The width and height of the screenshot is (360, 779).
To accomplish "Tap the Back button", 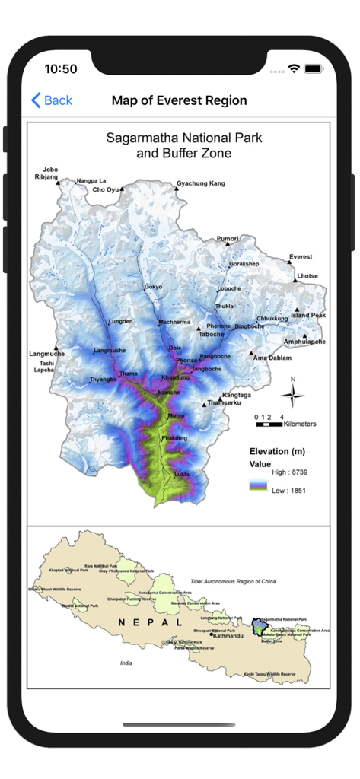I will pyautogui.click(x=51, y=100).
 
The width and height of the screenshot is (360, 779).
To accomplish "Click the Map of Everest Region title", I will pyautogui.click(x=179, y=100).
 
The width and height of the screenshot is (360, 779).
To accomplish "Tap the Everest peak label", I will pyautogui.click(x=300, y=257).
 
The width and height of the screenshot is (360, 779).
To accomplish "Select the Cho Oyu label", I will pyautogui.click(x=107, y=189).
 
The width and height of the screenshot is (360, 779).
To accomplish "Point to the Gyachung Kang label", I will pyautogui.click(x=201, y=183).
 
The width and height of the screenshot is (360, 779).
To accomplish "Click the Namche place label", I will pyautogui.click(x=168, y=393).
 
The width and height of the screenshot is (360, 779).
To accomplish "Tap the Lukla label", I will pyautogui.click(x=182, y=474).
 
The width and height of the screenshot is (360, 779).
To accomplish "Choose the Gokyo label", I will pyautogui.click(x=154, y=287).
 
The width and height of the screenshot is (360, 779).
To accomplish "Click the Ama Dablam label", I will pyautogui.click(x=272, y=358).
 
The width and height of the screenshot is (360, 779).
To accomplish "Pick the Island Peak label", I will pyautogui.click(x=308, y=315).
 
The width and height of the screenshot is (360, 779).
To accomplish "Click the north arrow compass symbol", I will pyautogui.click(x=292, y=393).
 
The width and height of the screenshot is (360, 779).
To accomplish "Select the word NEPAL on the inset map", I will pyautogui.click(x=150, y=622).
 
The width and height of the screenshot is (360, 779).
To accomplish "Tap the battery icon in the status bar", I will pyautogui.click(x=313, y=68).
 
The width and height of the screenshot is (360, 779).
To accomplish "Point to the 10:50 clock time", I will pyautogui.click(x=61, y=68).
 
